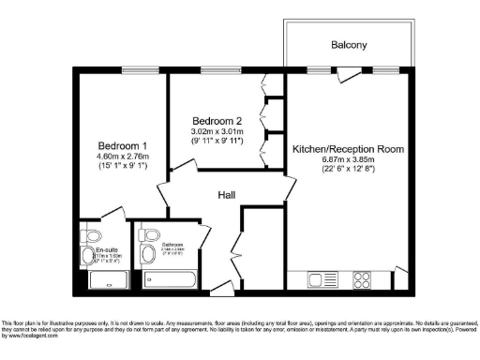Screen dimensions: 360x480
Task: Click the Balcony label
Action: [348, 45]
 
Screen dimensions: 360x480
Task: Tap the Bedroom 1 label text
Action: [122, 145]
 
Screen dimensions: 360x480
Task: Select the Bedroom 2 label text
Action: [217, 121]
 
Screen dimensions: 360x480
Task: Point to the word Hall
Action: [225, 195]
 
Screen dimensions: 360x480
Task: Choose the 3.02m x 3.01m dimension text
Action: [217, 132]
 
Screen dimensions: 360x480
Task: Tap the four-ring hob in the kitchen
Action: [360, 279]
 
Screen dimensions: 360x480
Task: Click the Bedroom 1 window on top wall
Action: [122, 70]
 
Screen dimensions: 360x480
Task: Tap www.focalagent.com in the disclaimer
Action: [33, 348]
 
